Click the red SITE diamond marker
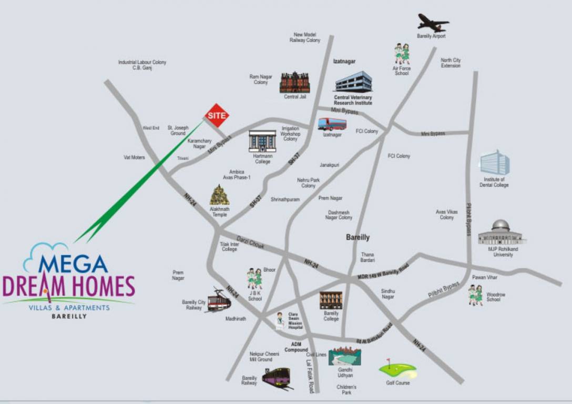pos(217,115)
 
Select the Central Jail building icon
pos(294,83)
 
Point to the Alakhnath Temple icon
pos(219,195)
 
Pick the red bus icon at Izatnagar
pos(332,124)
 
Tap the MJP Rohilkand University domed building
pos(502,233)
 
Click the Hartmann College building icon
pos(262,141)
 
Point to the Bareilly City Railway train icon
pos(219,300)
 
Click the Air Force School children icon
pos(402,54)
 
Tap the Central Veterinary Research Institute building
pos(353,82)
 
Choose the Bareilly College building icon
pos(331,300)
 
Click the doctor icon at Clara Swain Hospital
pos(280,320)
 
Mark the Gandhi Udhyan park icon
pos(345,356)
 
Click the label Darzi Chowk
pos(250,243)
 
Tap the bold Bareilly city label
pos(357,237)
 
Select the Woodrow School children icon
pos(476,295)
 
